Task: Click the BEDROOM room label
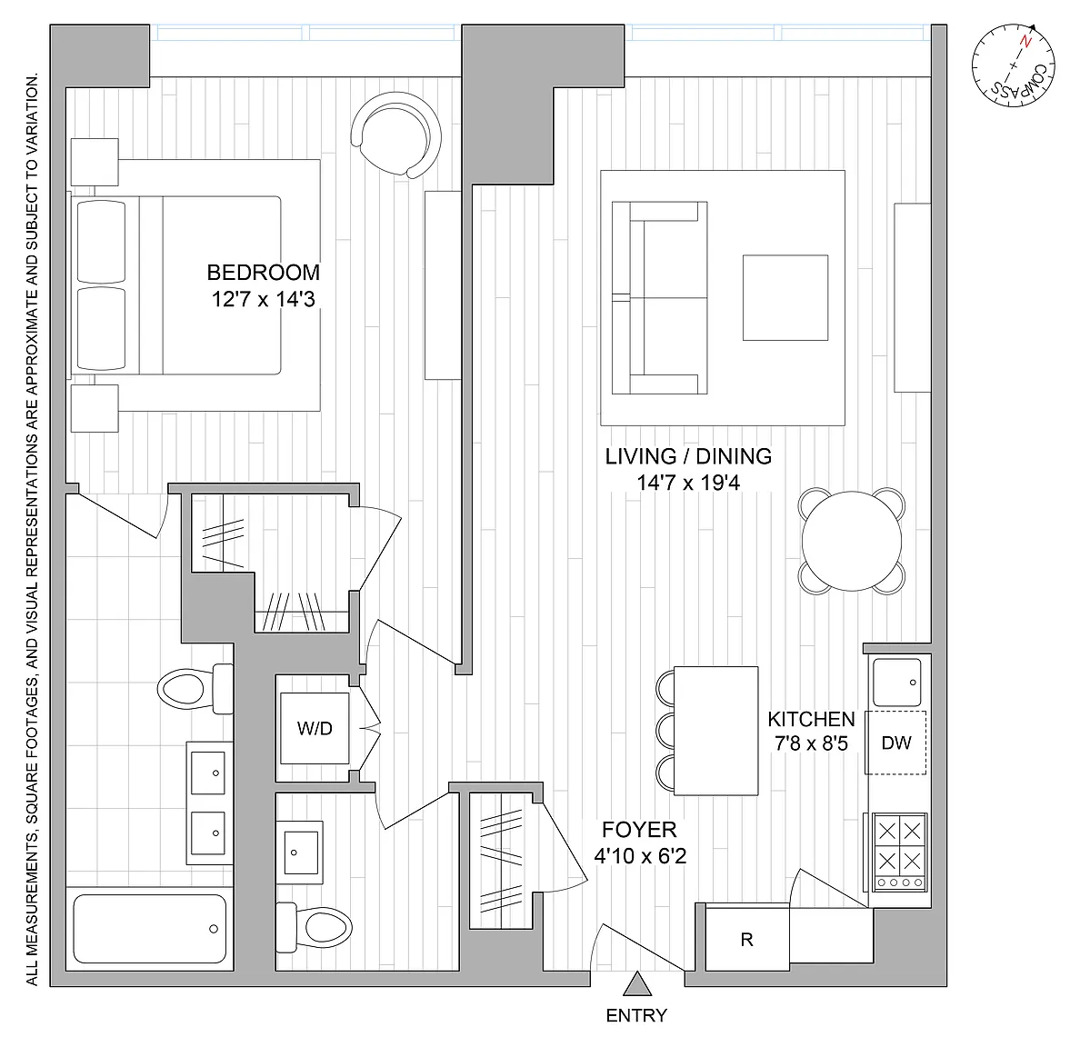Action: tap(263, 273)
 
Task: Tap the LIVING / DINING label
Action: tap(688, 456)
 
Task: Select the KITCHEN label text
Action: tap(811, 719)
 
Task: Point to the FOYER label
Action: tap(639, 830)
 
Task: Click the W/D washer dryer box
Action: tap(315, 728)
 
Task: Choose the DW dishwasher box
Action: tap(896, 743)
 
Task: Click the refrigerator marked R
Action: tap(747, 940)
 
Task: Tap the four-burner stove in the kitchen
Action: tap(899, 853)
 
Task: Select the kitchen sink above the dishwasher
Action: tap(896, 683)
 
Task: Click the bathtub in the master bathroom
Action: tap(149, 929)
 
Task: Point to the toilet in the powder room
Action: tap(314, 927)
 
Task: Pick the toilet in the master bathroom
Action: tap(195, 688)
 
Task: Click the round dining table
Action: tap(852, 541)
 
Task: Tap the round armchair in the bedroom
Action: tap(396, 135)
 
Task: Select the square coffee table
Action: tap(785, 297)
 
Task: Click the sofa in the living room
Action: tap(659, 297)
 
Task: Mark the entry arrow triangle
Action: tap(637, 983)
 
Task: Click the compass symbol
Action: tap(1014, 66)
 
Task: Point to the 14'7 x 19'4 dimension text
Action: tap(688, 483)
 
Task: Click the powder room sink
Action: tap(300, 853)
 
